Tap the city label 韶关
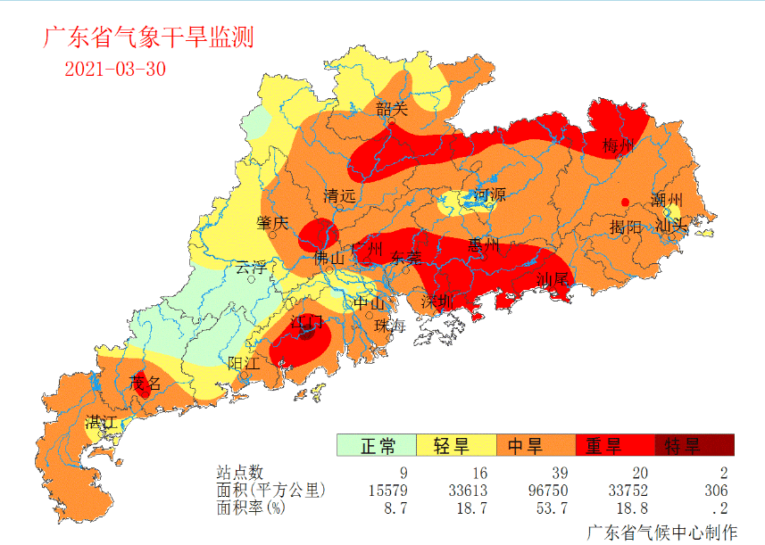click(391, 110)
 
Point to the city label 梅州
click(618, 145)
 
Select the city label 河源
click(489, 194)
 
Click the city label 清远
click(339, 195)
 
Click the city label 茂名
click(146, 384)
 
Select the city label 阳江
click(243, 363)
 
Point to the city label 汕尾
click(552, 280)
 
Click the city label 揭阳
click(625, 227)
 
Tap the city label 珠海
click(390, 326)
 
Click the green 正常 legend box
click(376, 444)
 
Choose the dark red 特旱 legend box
click(694, 444)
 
